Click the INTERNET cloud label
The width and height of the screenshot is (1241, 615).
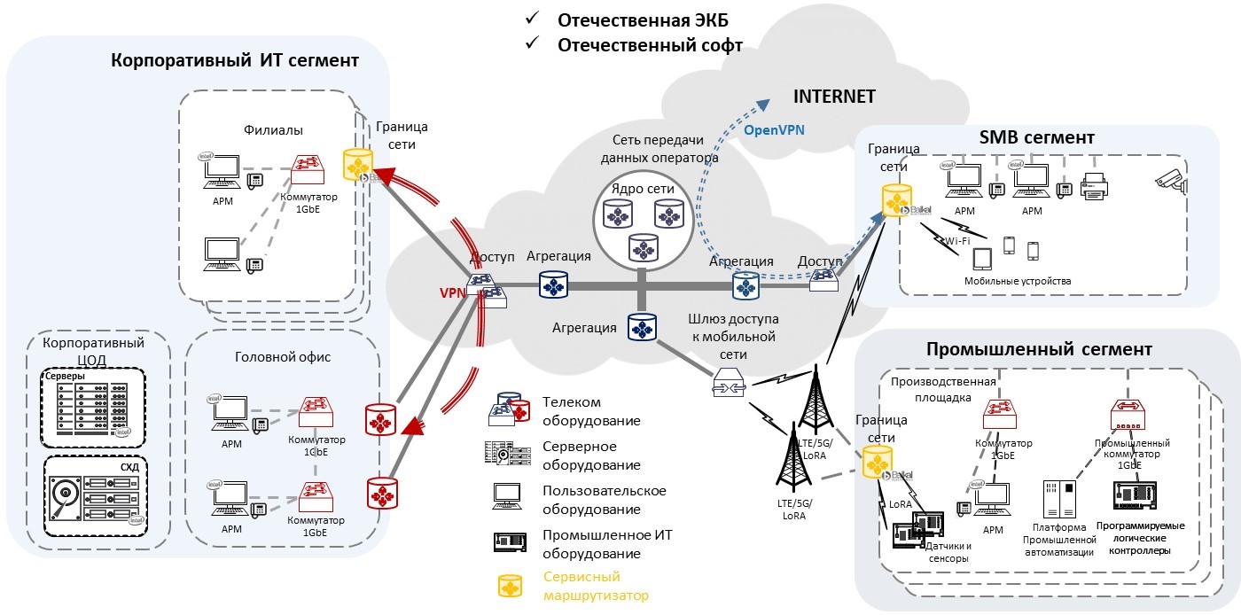coord(834,97)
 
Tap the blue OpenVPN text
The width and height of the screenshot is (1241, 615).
coord(774,130)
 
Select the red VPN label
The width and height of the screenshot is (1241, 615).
coord(453,292)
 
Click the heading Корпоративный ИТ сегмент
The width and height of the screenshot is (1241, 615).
coord(235,61)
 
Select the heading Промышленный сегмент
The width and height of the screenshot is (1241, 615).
coord(1038,349)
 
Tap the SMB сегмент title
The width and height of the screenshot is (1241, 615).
coord(1037,138)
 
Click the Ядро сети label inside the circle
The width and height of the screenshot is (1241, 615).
coord(643,189)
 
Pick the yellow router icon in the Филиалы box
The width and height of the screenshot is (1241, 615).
coord(358,165)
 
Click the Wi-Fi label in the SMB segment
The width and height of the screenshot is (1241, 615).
coord(956,240)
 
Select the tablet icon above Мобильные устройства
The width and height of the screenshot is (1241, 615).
coord(982,258)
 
